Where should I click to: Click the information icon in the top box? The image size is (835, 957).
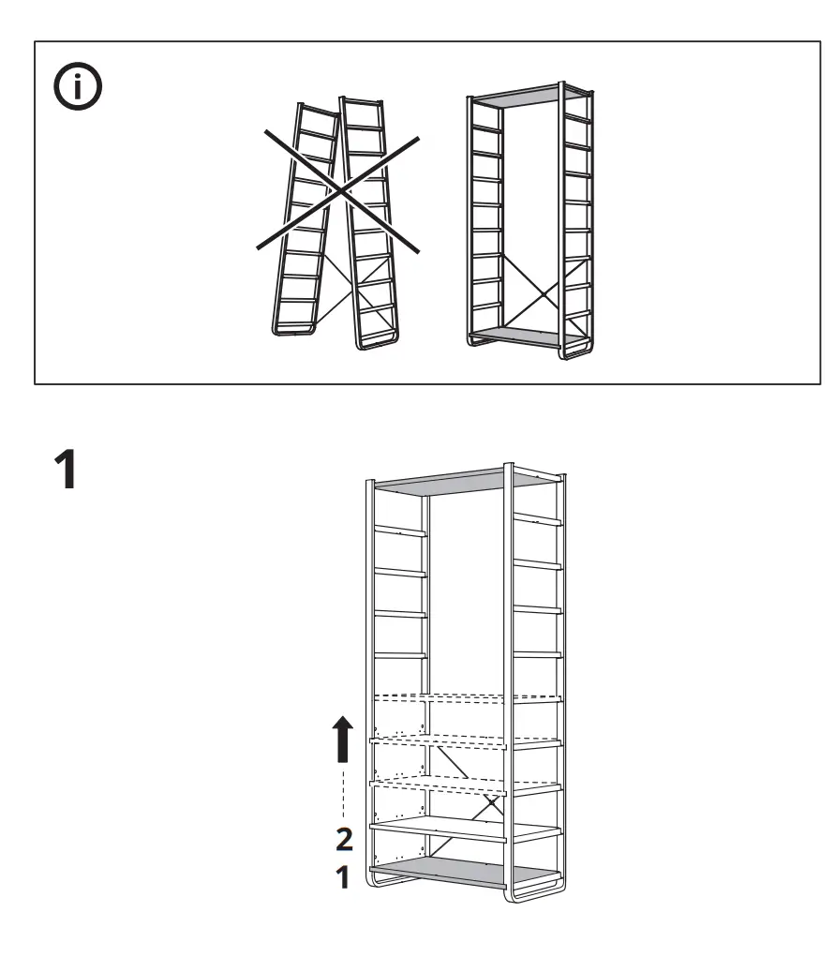78,88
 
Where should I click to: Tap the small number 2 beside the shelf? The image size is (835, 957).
345,838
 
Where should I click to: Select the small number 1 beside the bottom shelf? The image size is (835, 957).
344,878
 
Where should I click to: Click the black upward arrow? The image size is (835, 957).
344,739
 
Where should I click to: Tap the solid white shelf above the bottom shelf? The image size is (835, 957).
464,829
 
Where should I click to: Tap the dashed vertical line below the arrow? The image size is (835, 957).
344,792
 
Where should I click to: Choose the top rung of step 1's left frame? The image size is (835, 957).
400,531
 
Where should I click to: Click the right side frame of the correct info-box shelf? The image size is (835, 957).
577,225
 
